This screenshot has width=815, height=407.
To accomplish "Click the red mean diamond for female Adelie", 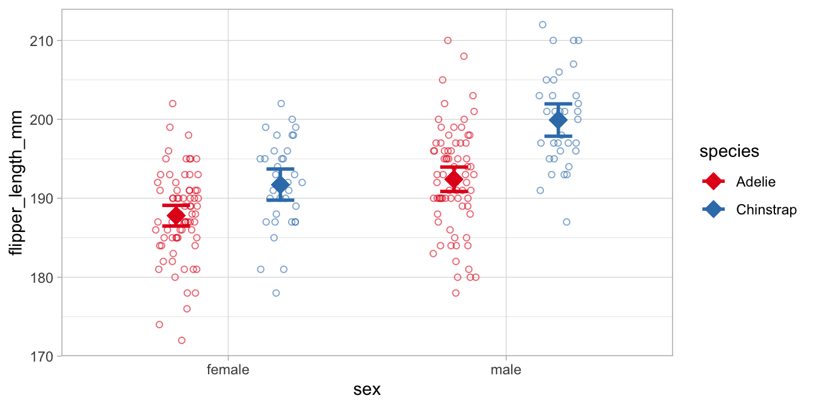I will point(175,215).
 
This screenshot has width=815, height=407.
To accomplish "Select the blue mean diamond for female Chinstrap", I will point(280,185).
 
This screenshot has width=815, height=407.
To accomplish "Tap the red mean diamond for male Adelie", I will point(454,179).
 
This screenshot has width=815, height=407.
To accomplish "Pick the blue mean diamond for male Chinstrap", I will point(558,120).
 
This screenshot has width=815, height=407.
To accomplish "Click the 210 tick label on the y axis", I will point(42,41).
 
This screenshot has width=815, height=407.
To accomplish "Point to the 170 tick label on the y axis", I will point(42,356).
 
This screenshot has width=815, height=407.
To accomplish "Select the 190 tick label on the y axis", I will point(42,198).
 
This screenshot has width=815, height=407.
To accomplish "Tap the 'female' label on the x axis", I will point(228,369).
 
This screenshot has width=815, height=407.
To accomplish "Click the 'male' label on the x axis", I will point(506,369).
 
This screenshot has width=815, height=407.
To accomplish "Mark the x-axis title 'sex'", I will point(367,389).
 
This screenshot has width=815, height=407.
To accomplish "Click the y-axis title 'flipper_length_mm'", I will point(16,183).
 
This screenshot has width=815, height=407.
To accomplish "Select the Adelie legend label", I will point(756,181).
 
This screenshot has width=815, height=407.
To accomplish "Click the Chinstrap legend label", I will point(766,210).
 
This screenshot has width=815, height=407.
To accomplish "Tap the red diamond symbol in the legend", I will point(714,181).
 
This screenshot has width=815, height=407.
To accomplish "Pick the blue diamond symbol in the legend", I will point(714,210).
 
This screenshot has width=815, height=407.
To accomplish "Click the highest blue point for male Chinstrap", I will point(543,25).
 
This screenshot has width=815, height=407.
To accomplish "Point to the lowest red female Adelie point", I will point(181,340).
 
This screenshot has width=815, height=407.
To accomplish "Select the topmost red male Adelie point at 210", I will point(448,41).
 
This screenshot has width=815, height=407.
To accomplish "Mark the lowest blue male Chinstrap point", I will point(566,222).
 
